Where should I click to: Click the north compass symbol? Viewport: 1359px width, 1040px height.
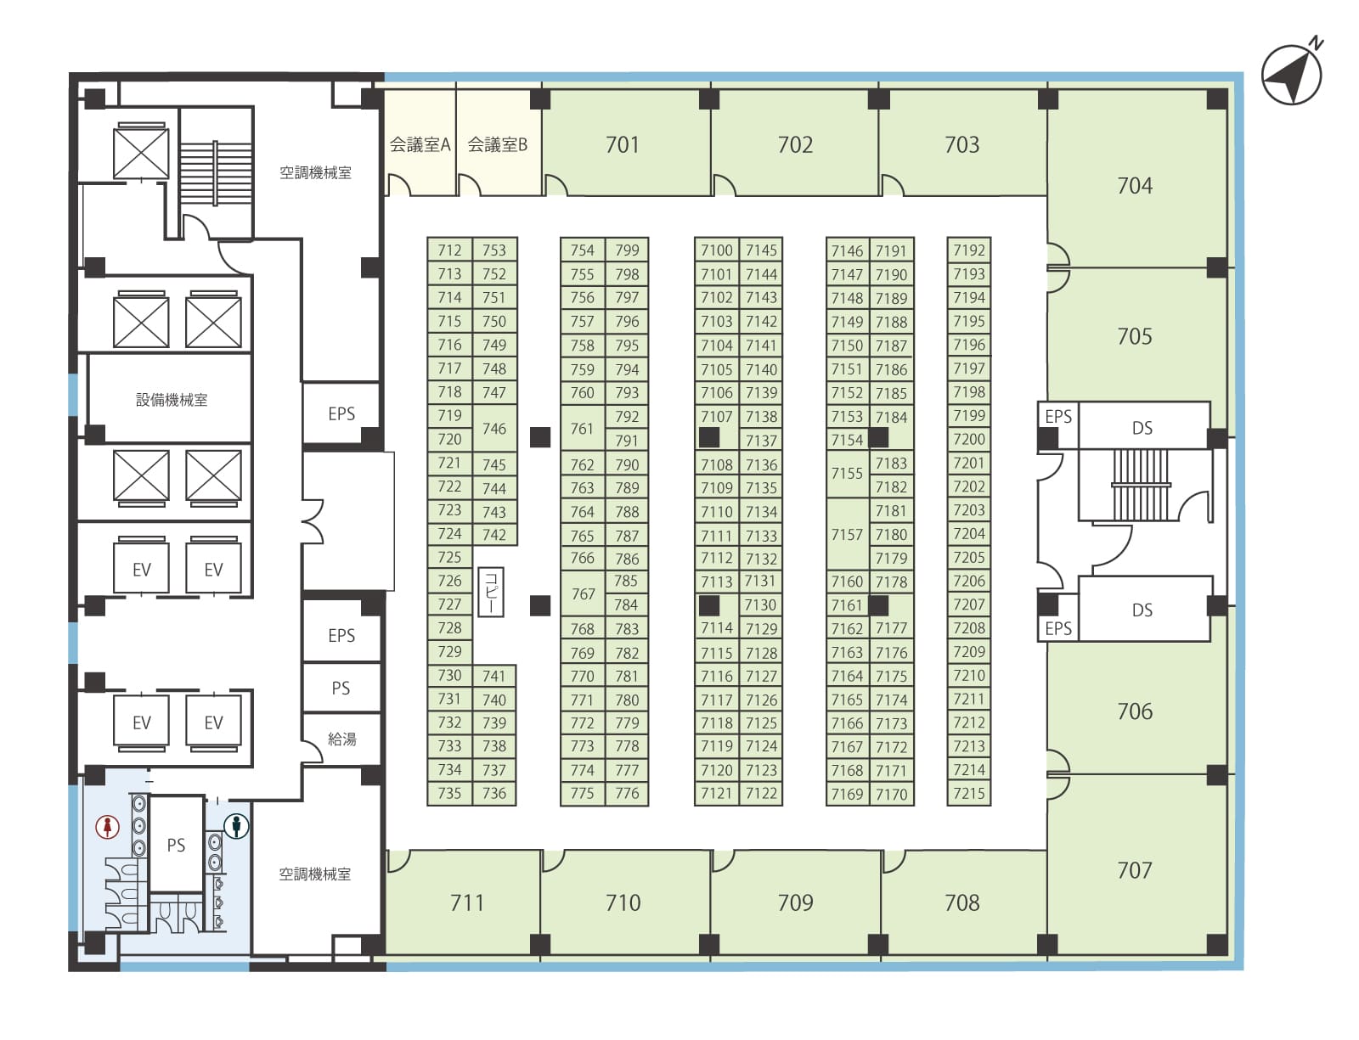point(1292,74)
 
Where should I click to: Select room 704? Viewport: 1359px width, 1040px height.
point(1136,179)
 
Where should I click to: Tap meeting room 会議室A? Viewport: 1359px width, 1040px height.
point(420,143)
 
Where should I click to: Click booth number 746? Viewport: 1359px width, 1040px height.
point(494,428)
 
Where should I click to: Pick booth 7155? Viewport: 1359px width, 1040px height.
point(847,473)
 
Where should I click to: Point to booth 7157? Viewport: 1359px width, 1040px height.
point(847,534)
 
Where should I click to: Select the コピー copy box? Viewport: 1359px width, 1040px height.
point(491,592)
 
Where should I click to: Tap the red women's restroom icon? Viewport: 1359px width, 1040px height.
point(108,826)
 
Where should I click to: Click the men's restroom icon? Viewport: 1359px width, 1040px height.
point(236,825)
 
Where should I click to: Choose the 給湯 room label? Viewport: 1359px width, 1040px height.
point(342,739)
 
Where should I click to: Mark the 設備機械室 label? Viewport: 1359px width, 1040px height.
point(172,400)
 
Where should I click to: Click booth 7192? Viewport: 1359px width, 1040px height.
point(969,250)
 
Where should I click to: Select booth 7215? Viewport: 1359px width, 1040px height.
point(969,793)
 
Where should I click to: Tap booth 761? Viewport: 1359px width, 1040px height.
point(583,428)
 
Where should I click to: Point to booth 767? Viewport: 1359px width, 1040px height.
point(583,593)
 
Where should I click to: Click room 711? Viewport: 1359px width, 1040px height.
point(466,902)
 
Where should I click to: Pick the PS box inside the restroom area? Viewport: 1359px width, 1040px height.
point(177,845)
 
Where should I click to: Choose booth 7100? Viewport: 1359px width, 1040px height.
point(716,250)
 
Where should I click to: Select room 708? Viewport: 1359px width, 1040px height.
point(961,902)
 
